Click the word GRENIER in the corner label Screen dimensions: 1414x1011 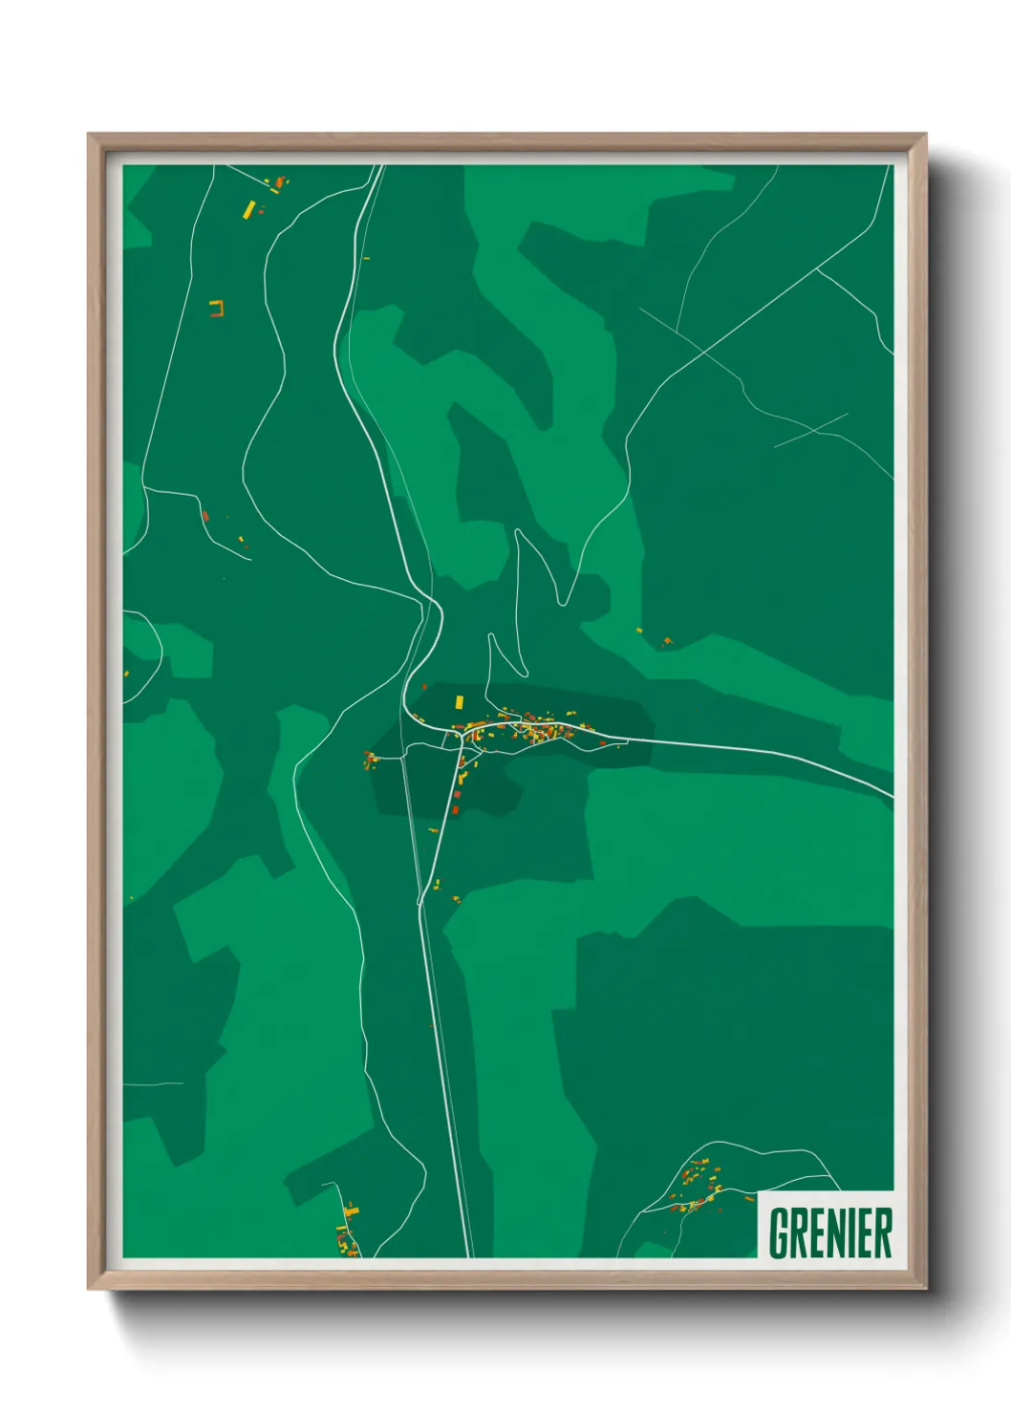pos(829,1232)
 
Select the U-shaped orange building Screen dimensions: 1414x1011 pos(217,308)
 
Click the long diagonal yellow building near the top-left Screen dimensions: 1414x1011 pos(249,209)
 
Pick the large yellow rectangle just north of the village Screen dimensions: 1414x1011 pos(460,702)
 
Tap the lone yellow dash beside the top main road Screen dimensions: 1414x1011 pos(366,257)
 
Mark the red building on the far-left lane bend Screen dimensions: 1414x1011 pos(204,516)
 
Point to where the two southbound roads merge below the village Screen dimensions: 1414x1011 pos(420,902)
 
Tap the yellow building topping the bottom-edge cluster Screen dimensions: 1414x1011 pos(351,1210)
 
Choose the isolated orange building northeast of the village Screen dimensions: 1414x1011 pos(667,640)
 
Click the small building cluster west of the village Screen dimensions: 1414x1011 pos(369,761)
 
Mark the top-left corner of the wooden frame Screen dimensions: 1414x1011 pos(89,135)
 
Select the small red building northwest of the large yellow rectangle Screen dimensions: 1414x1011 pos(424,686)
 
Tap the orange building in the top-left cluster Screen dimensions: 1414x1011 pos(279,181)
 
